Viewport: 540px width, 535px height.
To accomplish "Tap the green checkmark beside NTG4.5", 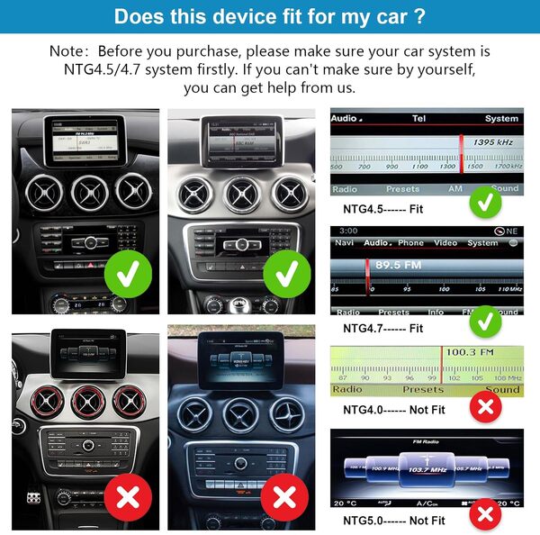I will point(486,203).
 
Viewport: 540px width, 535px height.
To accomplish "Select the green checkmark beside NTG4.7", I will point(486,319).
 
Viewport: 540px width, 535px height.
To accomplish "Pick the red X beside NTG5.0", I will point(487,514).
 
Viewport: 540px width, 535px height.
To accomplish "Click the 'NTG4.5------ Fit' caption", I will point(383,209).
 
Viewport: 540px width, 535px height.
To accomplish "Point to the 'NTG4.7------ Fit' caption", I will point(383,328).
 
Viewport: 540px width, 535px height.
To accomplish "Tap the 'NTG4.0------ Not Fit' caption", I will point(394,409).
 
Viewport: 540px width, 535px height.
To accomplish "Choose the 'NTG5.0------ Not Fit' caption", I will point(394,521).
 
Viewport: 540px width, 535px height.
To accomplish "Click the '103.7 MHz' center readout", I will point(427,469).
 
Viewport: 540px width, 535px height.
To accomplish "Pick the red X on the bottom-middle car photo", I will point(284,496).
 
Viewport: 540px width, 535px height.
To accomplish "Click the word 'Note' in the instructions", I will point(70,51).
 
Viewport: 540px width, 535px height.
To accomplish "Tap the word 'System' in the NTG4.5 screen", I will point(501,119).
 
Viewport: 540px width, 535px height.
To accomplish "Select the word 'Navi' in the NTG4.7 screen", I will point(344,243).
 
